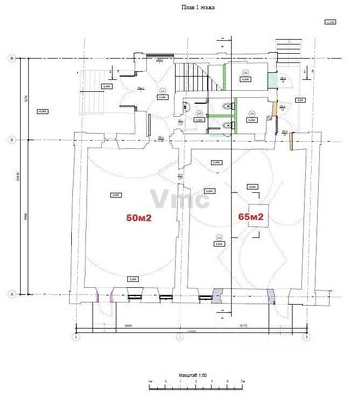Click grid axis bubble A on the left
[11, 294]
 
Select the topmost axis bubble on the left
[11, 60]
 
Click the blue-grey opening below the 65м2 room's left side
[218, 294]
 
